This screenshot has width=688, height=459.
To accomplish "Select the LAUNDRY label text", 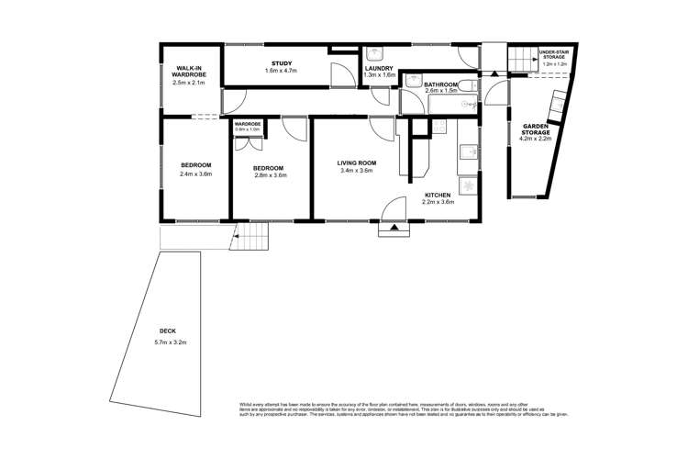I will pos(379,69).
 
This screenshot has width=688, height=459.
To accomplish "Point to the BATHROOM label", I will pos(440,85).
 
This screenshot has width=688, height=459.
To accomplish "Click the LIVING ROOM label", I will pos(357,162).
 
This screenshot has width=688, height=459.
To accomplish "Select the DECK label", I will pos(167,331).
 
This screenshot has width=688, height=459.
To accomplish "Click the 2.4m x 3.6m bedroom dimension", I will pos(194,174).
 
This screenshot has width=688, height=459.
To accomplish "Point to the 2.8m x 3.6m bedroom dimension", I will pos(268,174).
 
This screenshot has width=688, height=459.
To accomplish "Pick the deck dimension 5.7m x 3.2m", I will pos(171,342).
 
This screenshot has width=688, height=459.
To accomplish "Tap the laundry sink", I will pos(377,54).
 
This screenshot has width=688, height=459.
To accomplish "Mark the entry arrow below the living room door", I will pos(394,227).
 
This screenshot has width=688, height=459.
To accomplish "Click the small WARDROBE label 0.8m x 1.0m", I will pos(248,127).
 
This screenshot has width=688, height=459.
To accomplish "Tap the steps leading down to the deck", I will pos(249,241).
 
